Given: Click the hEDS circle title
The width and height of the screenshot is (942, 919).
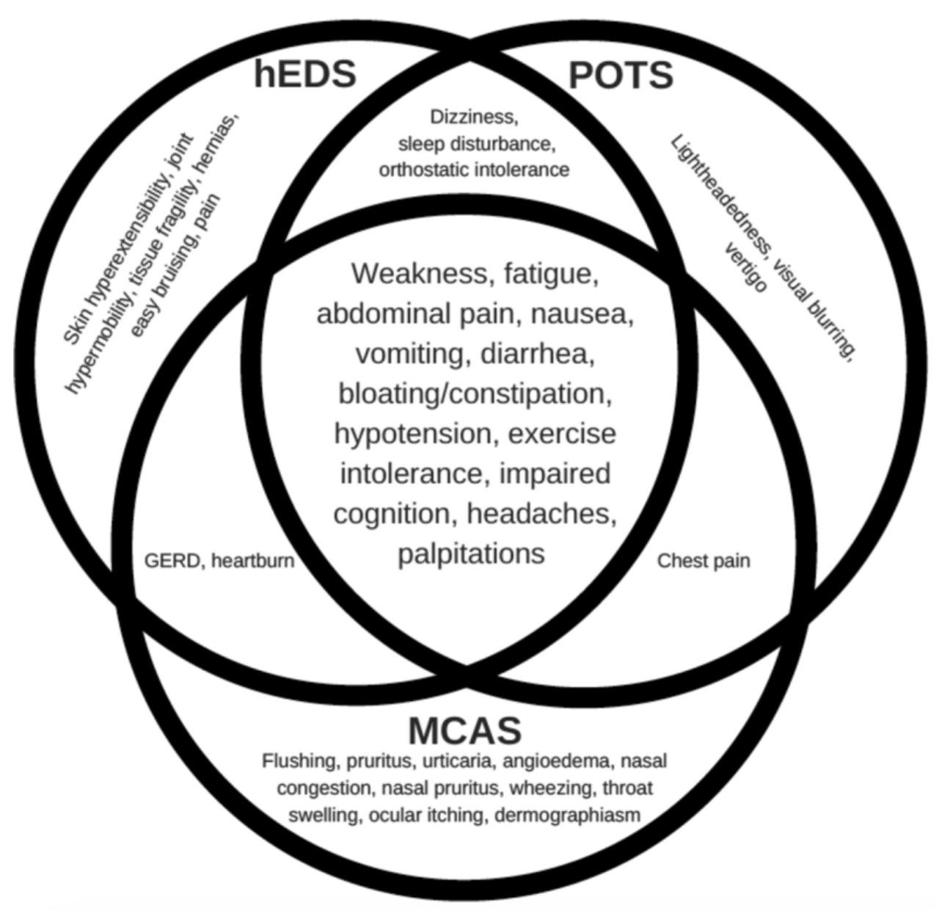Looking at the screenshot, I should [x=305, y=74].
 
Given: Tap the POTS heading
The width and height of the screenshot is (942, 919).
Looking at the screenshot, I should [x=621, y=76].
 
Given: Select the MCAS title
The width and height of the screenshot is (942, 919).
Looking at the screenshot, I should [x=464, y=730].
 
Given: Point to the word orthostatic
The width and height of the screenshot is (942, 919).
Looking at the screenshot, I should [x=423, y=170].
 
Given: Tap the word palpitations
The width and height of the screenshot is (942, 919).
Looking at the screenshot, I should [x=471, y=553].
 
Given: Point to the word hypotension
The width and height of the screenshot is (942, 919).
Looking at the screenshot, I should [x=416, y=434].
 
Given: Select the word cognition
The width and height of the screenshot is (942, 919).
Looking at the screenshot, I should [x=395, y=513].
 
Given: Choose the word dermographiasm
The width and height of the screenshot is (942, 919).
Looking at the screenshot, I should [x=567, y=815].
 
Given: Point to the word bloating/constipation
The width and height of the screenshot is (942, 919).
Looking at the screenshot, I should [x=475, y=394].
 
